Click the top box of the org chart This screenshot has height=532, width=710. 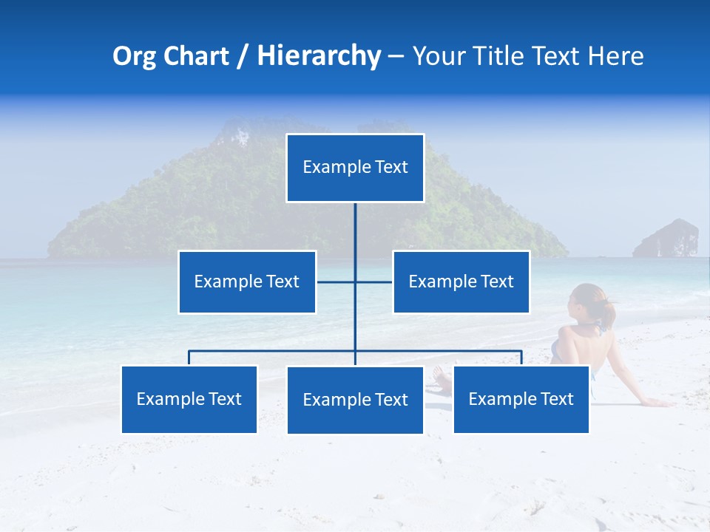(355, 168)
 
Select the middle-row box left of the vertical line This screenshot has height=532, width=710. (247, 282)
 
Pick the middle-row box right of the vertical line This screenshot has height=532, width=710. (461, 282)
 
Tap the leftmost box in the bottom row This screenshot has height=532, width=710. (189, 399)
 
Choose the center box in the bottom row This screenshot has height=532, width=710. (355, 400)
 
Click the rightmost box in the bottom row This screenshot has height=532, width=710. (521, 399)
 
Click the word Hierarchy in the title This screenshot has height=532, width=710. (319, 56)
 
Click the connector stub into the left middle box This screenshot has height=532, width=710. (335, 282)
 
